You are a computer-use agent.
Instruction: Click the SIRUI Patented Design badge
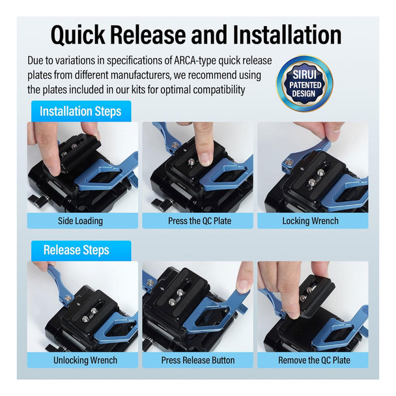tap(305, 83)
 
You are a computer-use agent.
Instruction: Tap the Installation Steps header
tap(81, 111)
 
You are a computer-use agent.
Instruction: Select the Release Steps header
tap(76, 250)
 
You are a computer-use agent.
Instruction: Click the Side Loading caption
tap(80, 221)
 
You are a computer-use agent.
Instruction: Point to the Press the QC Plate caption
tap(199, 221)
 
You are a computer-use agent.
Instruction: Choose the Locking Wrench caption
tap(311, 221)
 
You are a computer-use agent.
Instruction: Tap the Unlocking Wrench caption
tap(85, 360)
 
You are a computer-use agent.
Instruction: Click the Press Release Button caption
tap(198, 360)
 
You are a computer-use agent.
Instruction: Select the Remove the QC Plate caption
tap(314, 360)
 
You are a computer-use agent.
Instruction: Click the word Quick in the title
tap(78, 35)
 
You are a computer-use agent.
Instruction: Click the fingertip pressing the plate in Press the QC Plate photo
tap(205, 158)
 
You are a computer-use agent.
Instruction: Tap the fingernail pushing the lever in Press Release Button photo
tap(242, 286)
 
